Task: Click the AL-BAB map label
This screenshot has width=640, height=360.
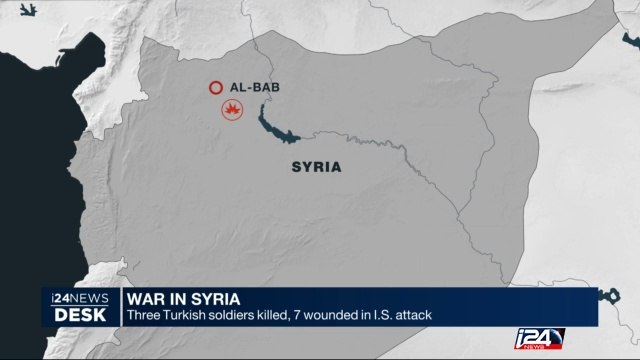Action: (x=255, y=87)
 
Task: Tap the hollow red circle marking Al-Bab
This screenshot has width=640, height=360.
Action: (x=213, y=88)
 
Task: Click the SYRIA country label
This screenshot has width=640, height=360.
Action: (x=315, y=167)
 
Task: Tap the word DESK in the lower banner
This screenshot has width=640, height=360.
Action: (x=76, y=312)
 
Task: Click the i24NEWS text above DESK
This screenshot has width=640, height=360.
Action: (x=76, y=297)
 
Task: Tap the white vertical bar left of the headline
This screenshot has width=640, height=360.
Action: (x=118, y=306)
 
